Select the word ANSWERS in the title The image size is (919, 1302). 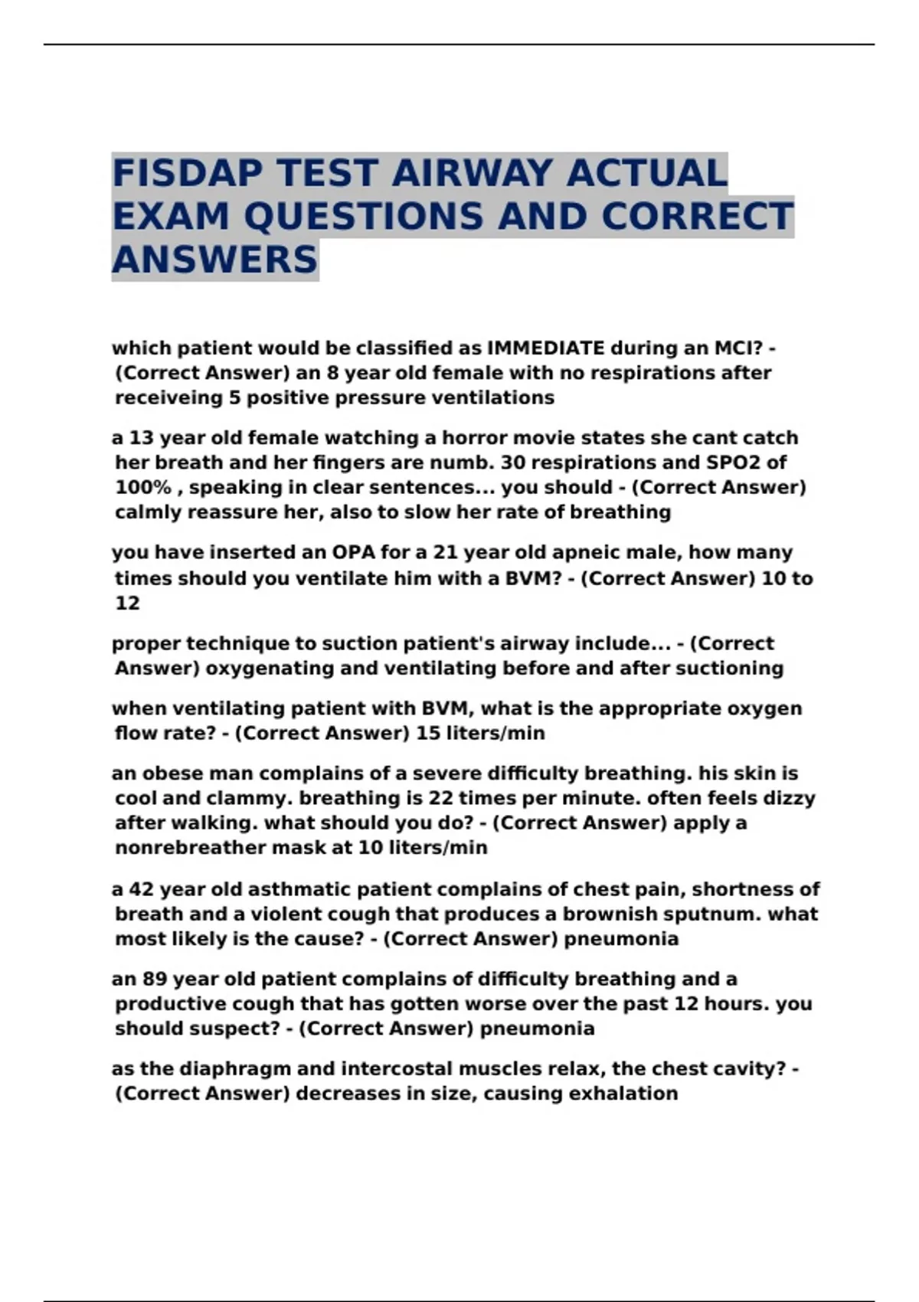[214, 259]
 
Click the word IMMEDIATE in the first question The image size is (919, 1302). [546, 348]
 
